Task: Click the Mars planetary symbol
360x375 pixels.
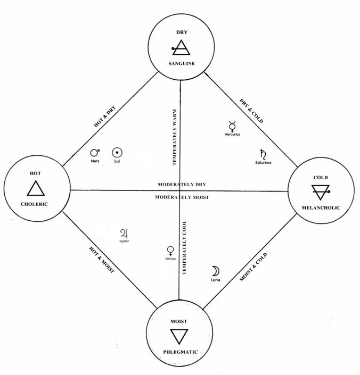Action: coord(96,152)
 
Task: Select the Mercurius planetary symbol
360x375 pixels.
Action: coord(232,127)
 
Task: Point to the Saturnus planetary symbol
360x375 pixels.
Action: coord(263,154)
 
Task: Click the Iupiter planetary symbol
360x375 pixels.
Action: coord(125,233)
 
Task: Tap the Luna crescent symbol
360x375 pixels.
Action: coord(216,270)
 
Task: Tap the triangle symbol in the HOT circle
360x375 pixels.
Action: coord(36,189)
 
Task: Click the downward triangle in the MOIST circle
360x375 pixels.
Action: coord(179,336)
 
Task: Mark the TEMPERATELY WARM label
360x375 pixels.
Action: coord(174,137)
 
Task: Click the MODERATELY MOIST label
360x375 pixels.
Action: coord(182,197)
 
